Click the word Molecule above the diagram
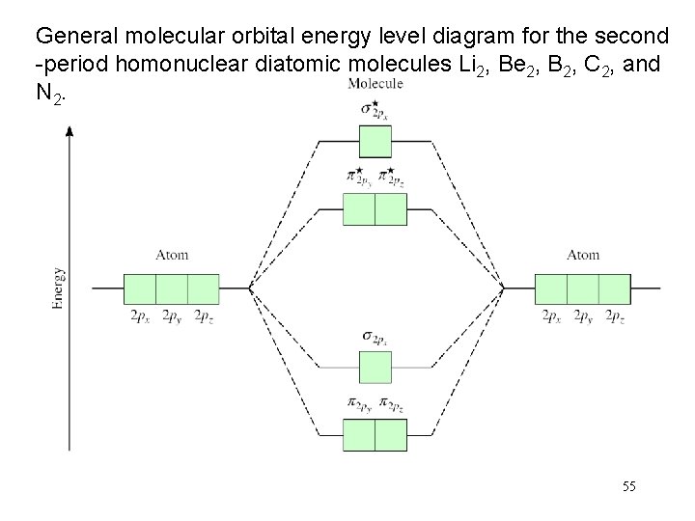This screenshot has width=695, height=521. point(375,84)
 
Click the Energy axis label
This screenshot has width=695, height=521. point(59,288)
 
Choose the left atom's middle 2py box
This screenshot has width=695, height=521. point(172,288)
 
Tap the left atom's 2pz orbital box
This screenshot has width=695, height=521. point(204,288)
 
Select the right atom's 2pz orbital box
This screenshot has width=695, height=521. point(614,288)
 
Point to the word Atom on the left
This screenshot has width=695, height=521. point(172,256)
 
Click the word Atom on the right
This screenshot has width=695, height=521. point(583,256)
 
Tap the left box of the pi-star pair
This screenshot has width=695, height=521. point(359,209)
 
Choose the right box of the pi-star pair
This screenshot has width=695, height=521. point(391,209)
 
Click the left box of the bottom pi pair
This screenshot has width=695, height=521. point(359,435)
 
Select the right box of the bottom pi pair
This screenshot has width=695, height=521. point(391,435)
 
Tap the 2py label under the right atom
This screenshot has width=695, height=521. point(583,316)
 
